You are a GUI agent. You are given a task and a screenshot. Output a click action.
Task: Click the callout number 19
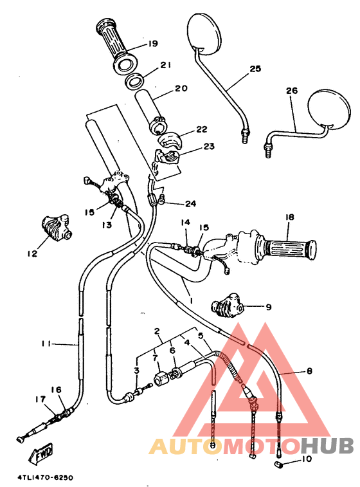click(152, 44)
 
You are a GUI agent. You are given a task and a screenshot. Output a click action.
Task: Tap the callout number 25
click(255, 68)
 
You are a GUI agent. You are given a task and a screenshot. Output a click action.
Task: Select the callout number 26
click(292, 91)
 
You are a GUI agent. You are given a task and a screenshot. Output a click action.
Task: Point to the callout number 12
click(32, 253)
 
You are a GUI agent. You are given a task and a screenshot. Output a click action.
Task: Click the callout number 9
click(268, 307)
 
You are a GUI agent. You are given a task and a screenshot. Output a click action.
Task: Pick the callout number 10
click(305, 459)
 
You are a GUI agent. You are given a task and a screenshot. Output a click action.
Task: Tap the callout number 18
click(289, 217)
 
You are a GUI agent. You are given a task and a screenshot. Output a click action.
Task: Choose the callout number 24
click(190, 204)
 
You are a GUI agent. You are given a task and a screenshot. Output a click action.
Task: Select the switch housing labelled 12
click(55, 228)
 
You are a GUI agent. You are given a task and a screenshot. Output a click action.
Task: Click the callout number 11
click(46, 344)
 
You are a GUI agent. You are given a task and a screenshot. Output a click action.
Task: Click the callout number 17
click(40, 400)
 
